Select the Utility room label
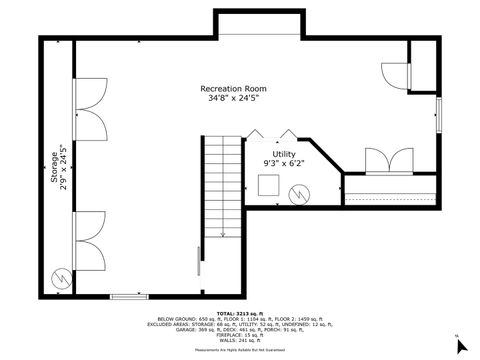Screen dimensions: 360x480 [284, 154]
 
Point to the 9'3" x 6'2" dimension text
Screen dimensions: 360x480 [284, 165]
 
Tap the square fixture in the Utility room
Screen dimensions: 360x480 [268, 185]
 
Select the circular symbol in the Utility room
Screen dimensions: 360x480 [299, 195]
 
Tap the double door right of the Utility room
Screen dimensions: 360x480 [389, 160]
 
